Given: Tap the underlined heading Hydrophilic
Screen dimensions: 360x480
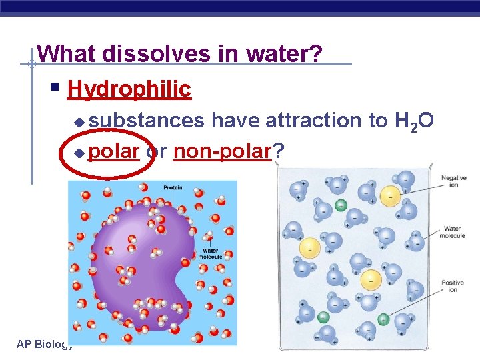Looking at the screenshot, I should (129, 89).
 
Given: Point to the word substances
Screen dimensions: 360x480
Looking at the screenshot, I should (147, 120).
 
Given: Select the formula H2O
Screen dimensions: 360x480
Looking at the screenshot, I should (415, 121).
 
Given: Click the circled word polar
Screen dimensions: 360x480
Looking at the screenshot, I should (113, 153).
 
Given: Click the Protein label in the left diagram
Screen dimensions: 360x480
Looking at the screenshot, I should (173, 188).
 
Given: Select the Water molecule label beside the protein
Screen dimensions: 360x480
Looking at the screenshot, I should (210, 254).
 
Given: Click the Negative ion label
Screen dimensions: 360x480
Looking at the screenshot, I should (453, 181).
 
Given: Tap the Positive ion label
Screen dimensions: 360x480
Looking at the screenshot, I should (453, 287).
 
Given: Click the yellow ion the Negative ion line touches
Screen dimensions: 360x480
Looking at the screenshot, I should (390, 195).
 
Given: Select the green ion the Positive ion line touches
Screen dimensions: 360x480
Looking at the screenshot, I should (383, 319).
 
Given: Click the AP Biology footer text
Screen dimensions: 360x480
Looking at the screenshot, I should (44, 344).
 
